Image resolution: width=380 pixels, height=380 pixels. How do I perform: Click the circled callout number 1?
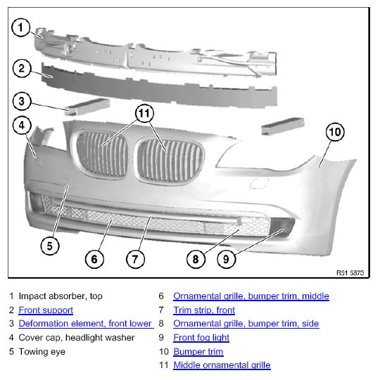coord(21,27)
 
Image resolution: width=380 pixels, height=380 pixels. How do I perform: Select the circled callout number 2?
coord(22,68)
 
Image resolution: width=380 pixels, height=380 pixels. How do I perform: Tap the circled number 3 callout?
coord(22,101)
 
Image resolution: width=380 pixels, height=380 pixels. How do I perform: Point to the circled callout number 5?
coord(50,246)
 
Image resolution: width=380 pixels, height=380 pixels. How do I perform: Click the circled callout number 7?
coord(135,259)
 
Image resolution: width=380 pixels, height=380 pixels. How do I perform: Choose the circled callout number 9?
coord(227,259)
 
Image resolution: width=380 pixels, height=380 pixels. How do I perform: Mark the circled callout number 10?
coord(335,132)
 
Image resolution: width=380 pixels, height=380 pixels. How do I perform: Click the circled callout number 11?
coord(144,113)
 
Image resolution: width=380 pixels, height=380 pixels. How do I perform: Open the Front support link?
coord(46,310)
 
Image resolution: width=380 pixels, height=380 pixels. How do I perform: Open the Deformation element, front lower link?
coord(86,324)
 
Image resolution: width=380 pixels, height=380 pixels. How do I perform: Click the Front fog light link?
coord(201,338)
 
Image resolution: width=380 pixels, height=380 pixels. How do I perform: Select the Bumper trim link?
coord(198,352)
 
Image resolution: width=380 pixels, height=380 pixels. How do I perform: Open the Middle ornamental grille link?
coord(222,365)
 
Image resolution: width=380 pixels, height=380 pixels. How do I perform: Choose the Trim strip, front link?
coord(204,310)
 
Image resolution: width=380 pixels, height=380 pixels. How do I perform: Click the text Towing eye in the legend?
coord(42,352)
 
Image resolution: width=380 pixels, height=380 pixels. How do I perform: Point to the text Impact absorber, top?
coord(61,296)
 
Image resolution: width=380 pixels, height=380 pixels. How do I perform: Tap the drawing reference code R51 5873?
coord(350,273)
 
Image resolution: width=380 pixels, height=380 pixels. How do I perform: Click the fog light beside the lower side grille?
coord(282,227)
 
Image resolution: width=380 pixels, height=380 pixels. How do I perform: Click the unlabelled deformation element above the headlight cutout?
coord(283,126)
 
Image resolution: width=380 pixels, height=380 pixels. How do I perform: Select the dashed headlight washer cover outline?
coord(259,183)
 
